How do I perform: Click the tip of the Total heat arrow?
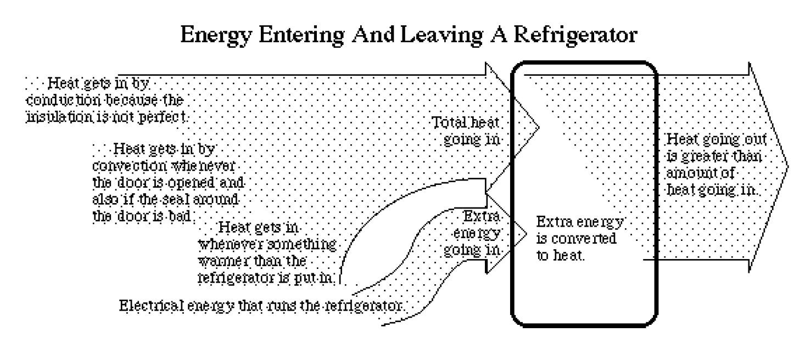[x=540, y=128]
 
